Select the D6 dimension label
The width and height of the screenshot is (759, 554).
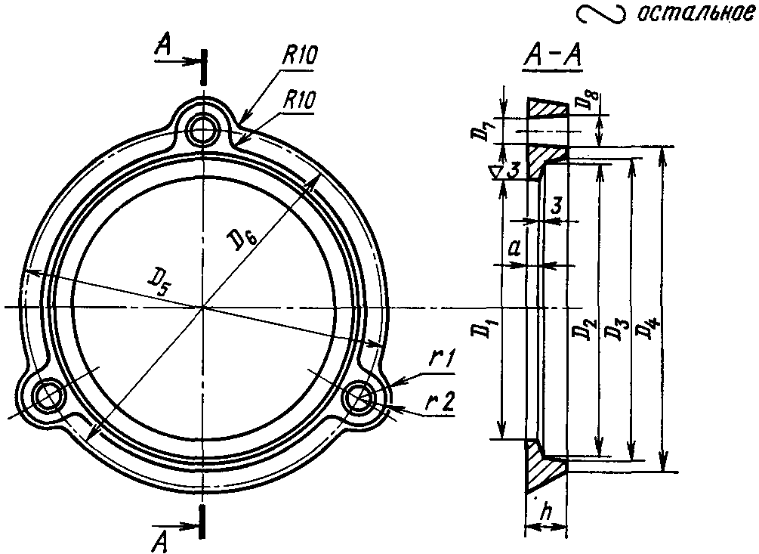[x=241, y=240]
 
